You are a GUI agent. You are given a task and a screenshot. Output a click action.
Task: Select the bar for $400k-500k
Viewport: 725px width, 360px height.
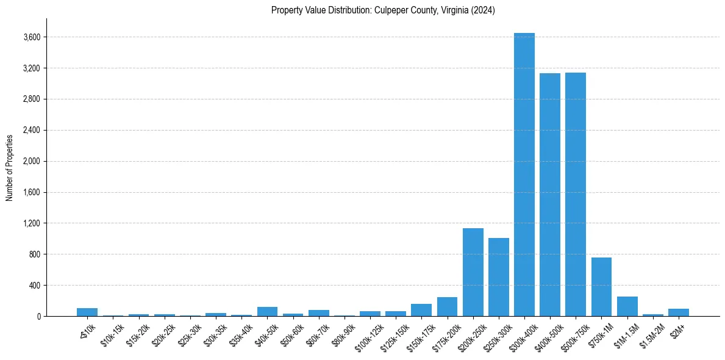point(550,195)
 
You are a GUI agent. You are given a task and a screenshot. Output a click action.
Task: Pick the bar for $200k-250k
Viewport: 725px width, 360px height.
point(473,272)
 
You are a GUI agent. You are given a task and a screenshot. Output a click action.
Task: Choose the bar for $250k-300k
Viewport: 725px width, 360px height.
point(499,277)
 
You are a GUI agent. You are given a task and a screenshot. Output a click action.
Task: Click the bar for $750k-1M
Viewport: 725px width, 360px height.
point(601,287)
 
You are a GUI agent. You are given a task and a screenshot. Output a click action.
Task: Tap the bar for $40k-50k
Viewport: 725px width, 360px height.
point(268,311)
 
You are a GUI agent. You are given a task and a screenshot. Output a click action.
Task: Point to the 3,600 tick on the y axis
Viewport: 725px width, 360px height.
point(32,37)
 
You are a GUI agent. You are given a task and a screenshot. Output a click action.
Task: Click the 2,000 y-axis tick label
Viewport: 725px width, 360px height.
point(32,162)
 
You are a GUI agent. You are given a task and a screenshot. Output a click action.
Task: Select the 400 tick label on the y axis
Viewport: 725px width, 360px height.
point(35,286)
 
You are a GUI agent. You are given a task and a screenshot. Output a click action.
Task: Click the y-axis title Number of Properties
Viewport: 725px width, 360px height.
point(10,167)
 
